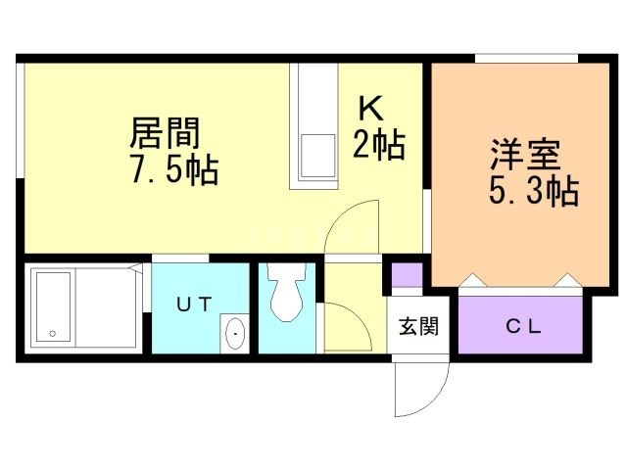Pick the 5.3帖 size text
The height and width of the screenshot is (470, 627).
click(533, 191)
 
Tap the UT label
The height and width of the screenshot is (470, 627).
click(193, 305)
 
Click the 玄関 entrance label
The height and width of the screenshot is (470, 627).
click(416, 327)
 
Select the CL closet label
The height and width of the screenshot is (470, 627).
click(523, 327)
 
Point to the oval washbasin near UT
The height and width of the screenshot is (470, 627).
click(236, 334)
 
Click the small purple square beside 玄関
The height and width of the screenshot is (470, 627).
click(408, 275)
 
